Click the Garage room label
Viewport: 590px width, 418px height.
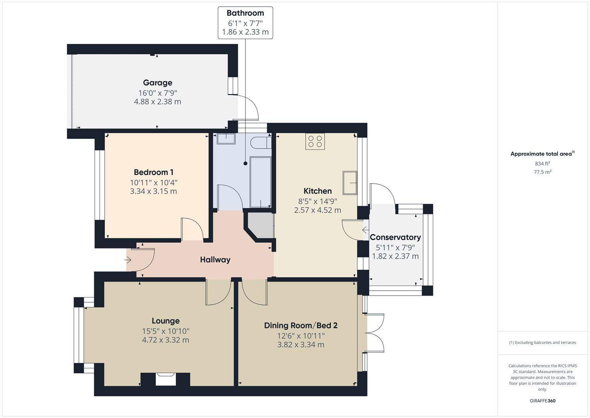tap(157, 82)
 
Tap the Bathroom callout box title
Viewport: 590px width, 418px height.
tap(245, 13)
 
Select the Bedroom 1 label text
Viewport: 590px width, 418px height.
tap(153, 172)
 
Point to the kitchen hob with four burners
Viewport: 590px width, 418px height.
tap(315, 141)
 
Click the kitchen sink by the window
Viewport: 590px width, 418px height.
tap(350, 183)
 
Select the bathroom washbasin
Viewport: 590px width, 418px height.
tap(226, 139)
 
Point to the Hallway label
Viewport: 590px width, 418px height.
tap(215, 260)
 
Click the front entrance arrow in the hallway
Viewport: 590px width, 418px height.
tap(128, 260)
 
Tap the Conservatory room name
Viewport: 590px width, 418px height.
tap(395, 237)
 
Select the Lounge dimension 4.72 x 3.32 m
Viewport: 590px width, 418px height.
tap(165, 340)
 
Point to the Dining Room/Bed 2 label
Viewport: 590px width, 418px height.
tap(301, 325)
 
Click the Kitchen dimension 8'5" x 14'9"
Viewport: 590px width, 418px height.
tap(317, 201)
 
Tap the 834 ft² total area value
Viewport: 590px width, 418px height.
tap(542, 164)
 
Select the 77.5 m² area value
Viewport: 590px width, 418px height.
tap(542, 172)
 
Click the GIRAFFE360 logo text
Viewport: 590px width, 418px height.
tap(542, 401)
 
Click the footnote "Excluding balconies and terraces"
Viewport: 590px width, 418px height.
tap(542, 343)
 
